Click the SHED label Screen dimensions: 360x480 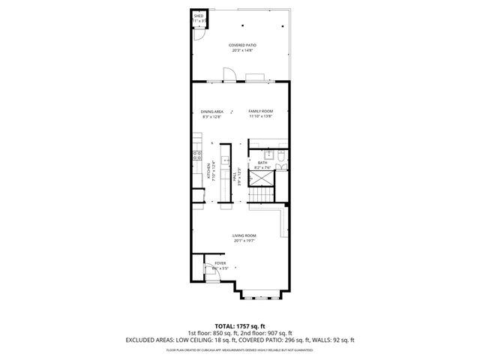(x=199, y=15)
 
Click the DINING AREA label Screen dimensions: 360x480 (x=212, y=111)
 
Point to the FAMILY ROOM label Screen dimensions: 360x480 (x=260, y=111)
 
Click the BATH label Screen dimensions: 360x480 (x=262, y=162)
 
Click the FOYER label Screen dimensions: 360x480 (x=220, y=263)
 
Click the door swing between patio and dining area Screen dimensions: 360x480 (x=232, y=75)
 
